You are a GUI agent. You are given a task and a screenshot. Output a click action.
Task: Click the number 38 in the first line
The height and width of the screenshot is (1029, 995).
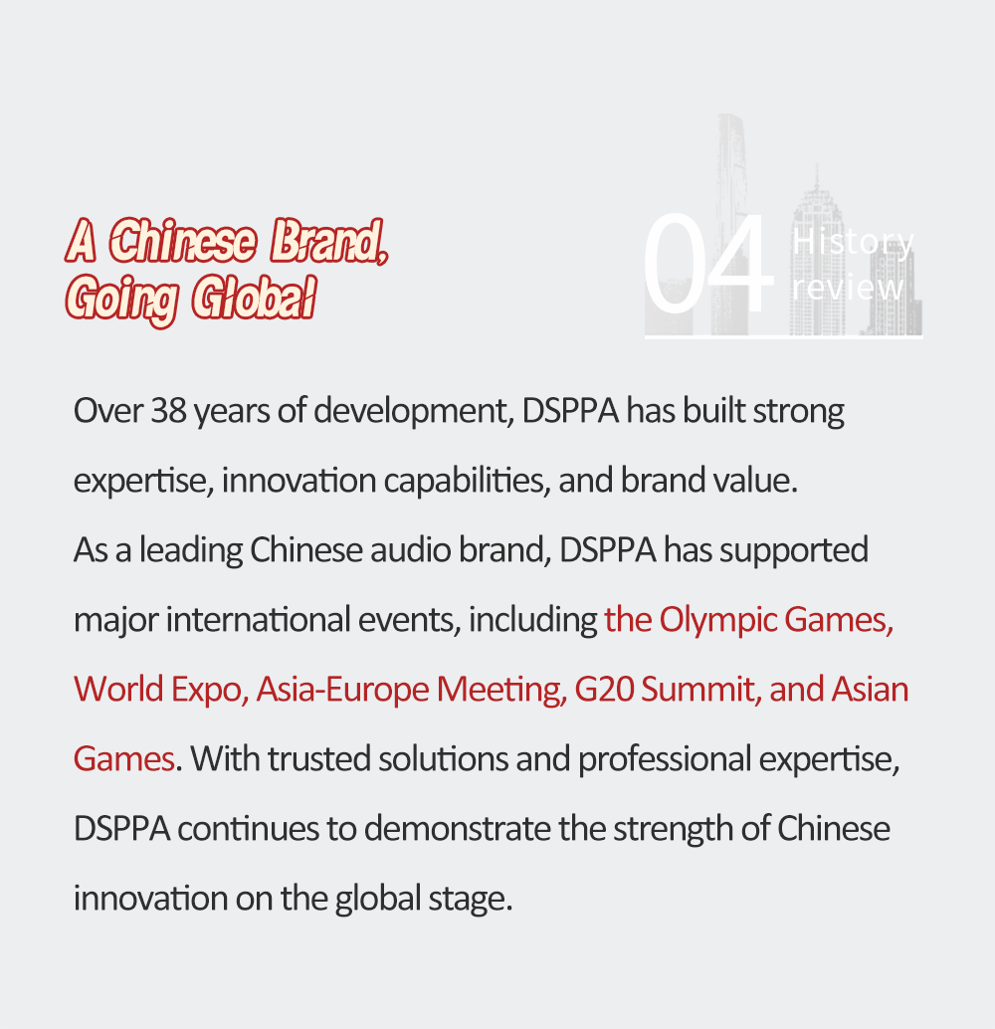point(169,411)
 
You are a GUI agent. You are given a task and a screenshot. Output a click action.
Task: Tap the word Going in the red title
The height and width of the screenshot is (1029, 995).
point(122,300)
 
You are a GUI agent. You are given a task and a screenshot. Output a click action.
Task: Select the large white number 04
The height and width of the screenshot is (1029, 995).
point(708,264)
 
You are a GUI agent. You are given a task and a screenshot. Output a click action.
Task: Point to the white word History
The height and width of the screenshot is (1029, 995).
point(854,242)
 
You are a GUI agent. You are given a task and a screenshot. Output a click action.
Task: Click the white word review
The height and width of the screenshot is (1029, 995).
point(848,288)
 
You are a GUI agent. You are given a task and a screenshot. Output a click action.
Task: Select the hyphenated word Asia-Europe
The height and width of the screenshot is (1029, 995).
point(342,691)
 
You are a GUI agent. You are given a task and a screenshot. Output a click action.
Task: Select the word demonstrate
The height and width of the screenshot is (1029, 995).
point(458,829)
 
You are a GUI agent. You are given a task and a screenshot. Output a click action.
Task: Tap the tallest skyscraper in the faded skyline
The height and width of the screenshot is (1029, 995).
point(731,223)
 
